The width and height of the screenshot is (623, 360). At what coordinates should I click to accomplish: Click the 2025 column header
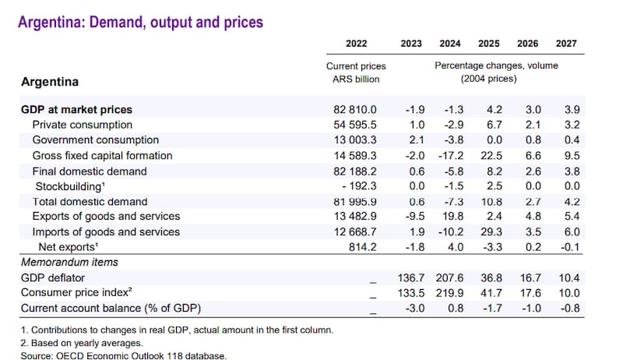pyautogui.click(x=489, y=44)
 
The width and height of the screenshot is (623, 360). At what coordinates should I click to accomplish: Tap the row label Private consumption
pyautogui.click(x=82, y=125)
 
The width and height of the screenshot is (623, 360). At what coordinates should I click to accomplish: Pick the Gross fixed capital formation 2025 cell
pyautogui.click(x=488, y=156)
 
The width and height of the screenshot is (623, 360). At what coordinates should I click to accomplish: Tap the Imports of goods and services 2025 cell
pyautogui.click(x=488, y=231)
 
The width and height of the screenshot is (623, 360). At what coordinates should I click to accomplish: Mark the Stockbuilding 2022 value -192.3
pyautogui.click(x=357, y=186)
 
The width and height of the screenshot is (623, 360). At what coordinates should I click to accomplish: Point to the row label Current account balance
pyautogui.click(x=103, y=309)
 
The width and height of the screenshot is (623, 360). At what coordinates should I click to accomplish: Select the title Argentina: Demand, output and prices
pyautogui.click(x=141, y=22)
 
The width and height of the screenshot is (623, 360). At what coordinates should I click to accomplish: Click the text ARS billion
pyautogui.click(x=356, y=79)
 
